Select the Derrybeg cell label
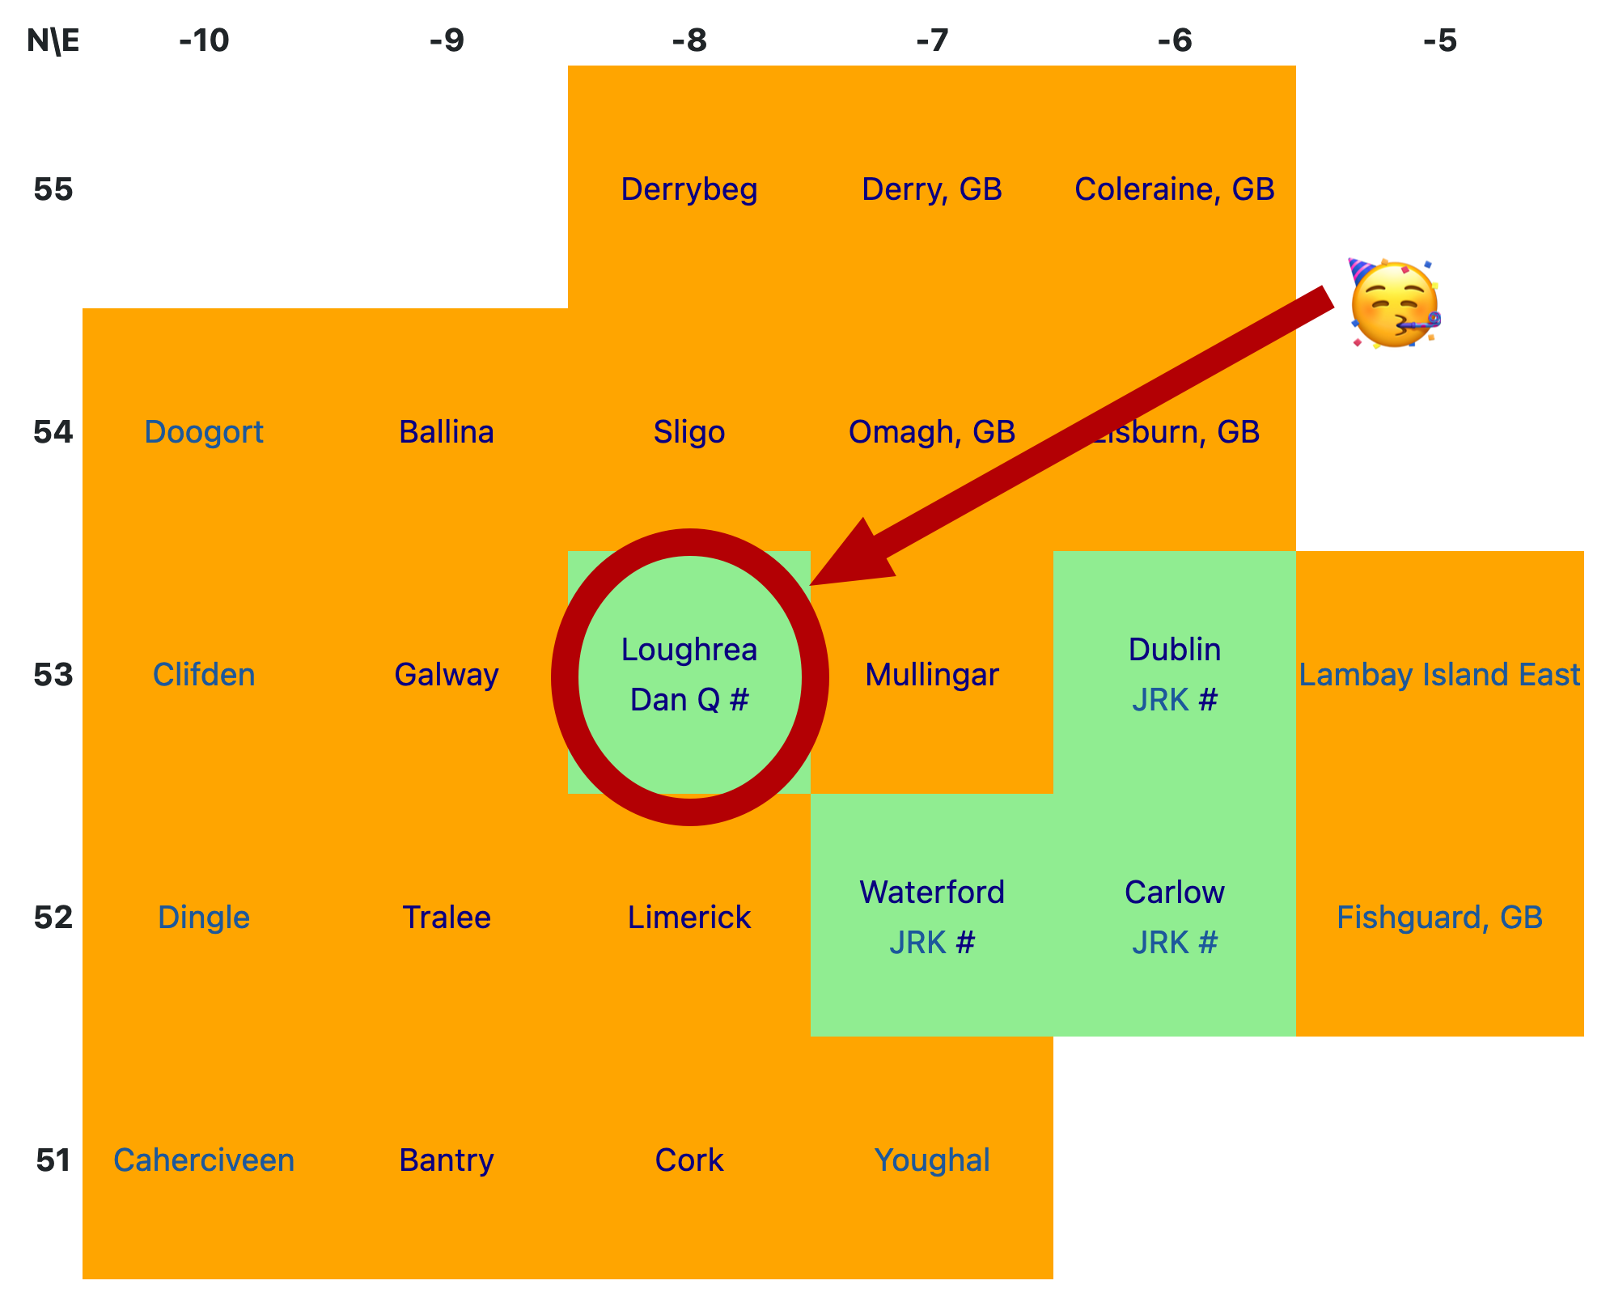688,189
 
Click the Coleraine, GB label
1174,189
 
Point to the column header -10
204,40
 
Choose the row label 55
53,189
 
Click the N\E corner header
53,40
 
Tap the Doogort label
204,432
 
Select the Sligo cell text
688,432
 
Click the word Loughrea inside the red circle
688,650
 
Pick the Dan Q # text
688,700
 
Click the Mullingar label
931,675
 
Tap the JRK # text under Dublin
1174,700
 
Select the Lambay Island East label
1439,675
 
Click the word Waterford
931,893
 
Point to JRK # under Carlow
1174,943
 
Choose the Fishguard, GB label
1439,918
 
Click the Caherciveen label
204,1160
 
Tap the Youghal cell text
931,1160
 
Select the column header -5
1439,40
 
